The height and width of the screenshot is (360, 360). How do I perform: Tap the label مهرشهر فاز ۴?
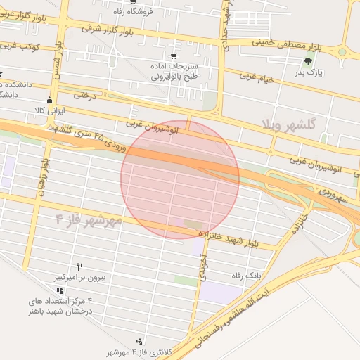89,219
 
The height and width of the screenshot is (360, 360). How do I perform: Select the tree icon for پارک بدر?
307,62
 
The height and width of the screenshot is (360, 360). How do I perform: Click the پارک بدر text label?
307,72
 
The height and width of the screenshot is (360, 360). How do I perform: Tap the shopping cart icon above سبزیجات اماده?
173,56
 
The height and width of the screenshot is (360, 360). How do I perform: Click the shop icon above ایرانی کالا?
49,100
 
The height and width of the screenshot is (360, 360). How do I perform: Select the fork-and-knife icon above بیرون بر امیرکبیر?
79,266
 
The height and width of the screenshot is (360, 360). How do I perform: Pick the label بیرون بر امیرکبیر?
79,278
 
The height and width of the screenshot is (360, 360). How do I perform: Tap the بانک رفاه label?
247,276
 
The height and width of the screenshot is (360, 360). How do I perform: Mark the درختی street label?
77,94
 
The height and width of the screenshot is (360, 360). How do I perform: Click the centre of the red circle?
180,179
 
